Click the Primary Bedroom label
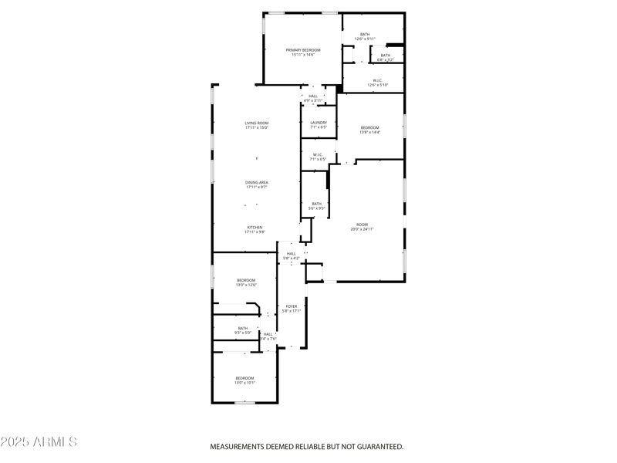(x=303, y=50)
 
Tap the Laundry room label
(x=319, y=123)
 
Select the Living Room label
(x=257, y=123)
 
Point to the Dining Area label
(x=257, y=182)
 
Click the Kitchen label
(x=255, y=228)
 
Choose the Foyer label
(x=292, y=306)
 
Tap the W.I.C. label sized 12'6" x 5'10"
(x=378, y=80)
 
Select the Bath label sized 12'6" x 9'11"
(x=365, y=34)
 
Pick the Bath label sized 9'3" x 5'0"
(x=243, y=328)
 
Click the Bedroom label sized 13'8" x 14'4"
(x=370, y=127)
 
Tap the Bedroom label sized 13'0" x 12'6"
(x=246, y=280)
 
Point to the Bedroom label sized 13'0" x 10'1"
(x=244, y=378)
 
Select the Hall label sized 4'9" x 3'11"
(x=312, y=96)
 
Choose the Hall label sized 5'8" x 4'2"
(x=292, y=253)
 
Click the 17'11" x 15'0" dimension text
(x=257, y=128)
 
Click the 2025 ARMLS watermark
(x=39, y=442)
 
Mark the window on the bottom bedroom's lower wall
(x=244, y=403)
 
